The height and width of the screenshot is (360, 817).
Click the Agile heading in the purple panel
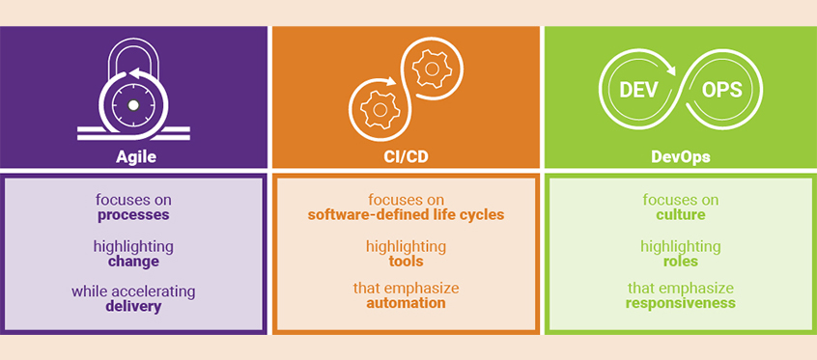[x=134, y=155]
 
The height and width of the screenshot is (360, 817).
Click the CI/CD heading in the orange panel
[x=406, y=155]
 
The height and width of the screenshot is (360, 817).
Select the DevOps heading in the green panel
[x=680, y=155]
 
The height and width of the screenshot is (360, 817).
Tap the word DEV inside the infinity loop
[x=638, y=91]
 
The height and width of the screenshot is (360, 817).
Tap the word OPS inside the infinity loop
[x=723, y=91]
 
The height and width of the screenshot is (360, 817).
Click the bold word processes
[x=133, y=215]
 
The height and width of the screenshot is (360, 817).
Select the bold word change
[x=133, y=262]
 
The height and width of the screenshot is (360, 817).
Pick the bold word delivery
[x=133, y=307]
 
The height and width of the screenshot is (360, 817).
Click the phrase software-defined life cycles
[x=406, y=215]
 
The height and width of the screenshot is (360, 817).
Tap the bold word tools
[x=406, y=262]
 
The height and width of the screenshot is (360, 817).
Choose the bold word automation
[x=406, y=303]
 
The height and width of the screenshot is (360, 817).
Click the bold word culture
[x=680, y=215]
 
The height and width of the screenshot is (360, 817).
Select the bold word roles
[x=680, y=262]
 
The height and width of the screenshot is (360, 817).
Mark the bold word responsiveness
[x=680, y=303]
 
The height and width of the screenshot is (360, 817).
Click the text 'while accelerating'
[x=133, y=291]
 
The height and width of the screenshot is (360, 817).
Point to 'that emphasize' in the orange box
[x=406, y=288]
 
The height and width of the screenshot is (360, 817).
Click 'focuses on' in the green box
[x=680, y=200]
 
